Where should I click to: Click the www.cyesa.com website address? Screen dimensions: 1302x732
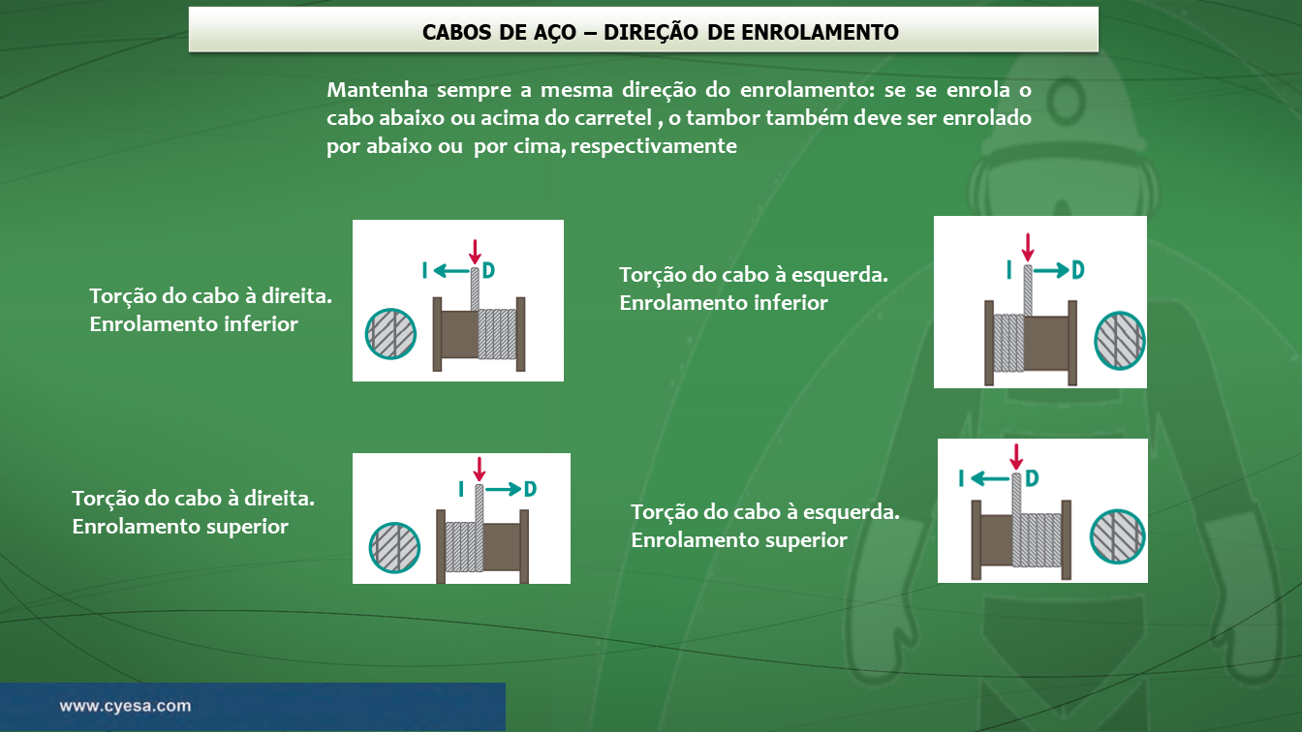(125, 706)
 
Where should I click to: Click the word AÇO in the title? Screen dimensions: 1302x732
(550, 33)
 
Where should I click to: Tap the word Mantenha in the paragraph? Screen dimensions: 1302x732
(377, 90)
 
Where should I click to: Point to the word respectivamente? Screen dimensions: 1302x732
(653, 146)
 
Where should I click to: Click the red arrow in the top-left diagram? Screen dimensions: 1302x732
(475, 252)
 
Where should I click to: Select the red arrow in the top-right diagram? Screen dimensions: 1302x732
(1028, 247)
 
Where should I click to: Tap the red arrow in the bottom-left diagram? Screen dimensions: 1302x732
(479, 469)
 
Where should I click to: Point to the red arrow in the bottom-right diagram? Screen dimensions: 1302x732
(1016, 457)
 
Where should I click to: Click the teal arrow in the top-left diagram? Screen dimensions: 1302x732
(451, 271)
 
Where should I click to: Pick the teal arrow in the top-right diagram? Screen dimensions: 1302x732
(1051, 270)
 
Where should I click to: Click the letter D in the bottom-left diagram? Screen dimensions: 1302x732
(530, 489)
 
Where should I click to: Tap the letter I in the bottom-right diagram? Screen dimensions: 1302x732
(961, 478)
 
